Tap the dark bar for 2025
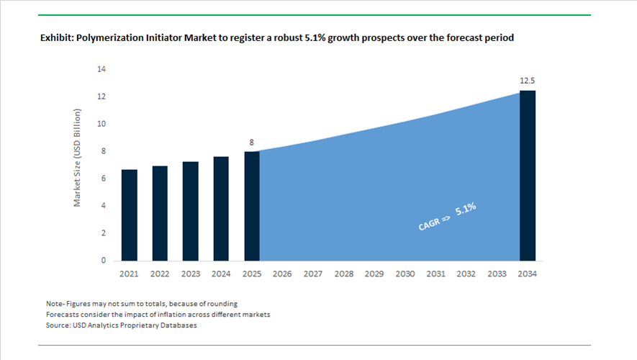(x=252, y=206)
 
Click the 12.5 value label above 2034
(x=528, y=81)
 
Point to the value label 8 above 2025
(x=252, y=143)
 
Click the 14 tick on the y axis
(x=101, y=69)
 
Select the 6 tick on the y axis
(x=104, y=179)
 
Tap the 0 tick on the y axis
(x=104, y=261)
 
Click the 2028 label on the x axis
(x=344, y=274)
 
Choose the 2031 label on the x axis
(x=435, y=274)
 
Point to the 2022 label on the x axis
(x=160, y=274)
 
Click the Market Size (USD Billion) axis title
(x=78, y=158)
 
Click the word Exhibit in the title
(x=57, y=38)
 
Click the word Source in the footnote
(x=58, y=325)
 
